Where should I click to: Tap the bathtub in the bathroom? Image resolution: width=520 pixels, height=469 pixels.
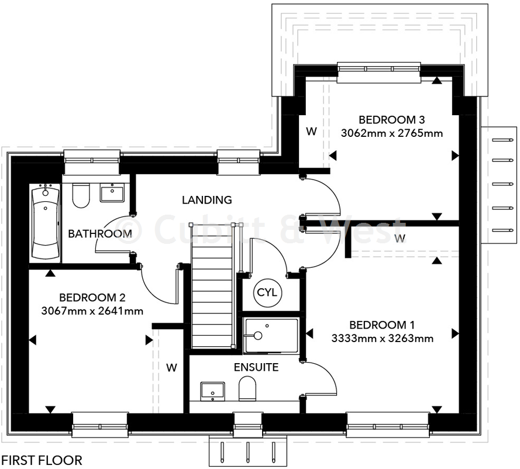click(45, 223)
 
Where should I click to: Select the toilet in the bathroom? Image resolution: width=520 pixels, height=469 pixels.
click(81, 195)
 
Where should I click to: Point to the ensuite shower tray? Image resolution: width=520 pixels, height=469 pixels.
click(271, 335)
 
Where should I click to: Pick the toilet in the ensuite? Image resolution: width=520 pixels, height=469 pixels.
click(247, 389)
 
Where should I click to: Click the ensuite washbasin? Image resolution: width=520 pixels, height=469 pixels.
click(212, 390)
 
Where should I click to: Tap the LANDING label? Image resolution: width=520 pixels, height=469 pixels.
click(206, 200)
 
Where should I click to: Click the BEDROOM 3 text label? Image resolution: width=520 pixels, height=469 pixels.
click(391, 120)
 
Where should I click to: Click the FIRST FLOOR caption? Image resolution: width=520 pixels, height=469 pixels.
click(42, 460)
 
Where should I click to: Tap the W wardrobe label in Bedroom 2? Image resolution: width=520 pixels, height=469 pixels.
click(171, 368)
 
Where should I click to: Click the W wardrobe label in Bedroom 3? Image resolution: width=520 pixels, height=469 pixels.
click(311, 132)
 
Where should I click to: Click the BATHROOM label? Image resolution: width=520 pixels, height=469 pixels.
click(100, 234)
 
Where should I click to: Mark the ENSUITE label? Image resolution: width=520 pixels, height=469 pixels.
click(256, 368)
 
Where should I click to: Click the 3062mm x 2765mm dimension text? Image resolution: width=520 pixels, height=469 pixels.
click(391, 133)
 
